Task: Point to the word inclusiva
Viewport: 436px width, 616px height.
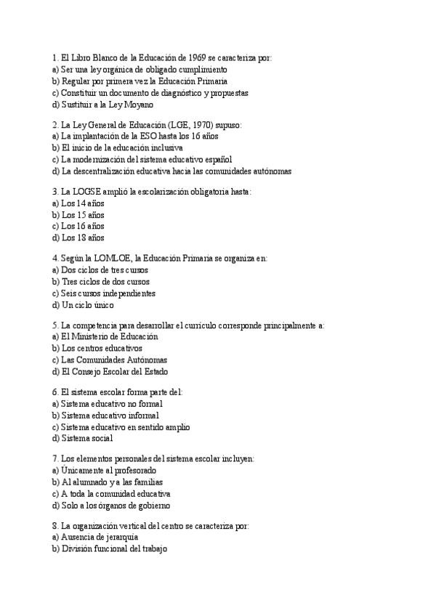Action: [x=150, y=148]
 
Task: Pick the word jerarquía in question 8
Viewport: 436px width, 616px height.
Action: [x=120, y=538]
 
